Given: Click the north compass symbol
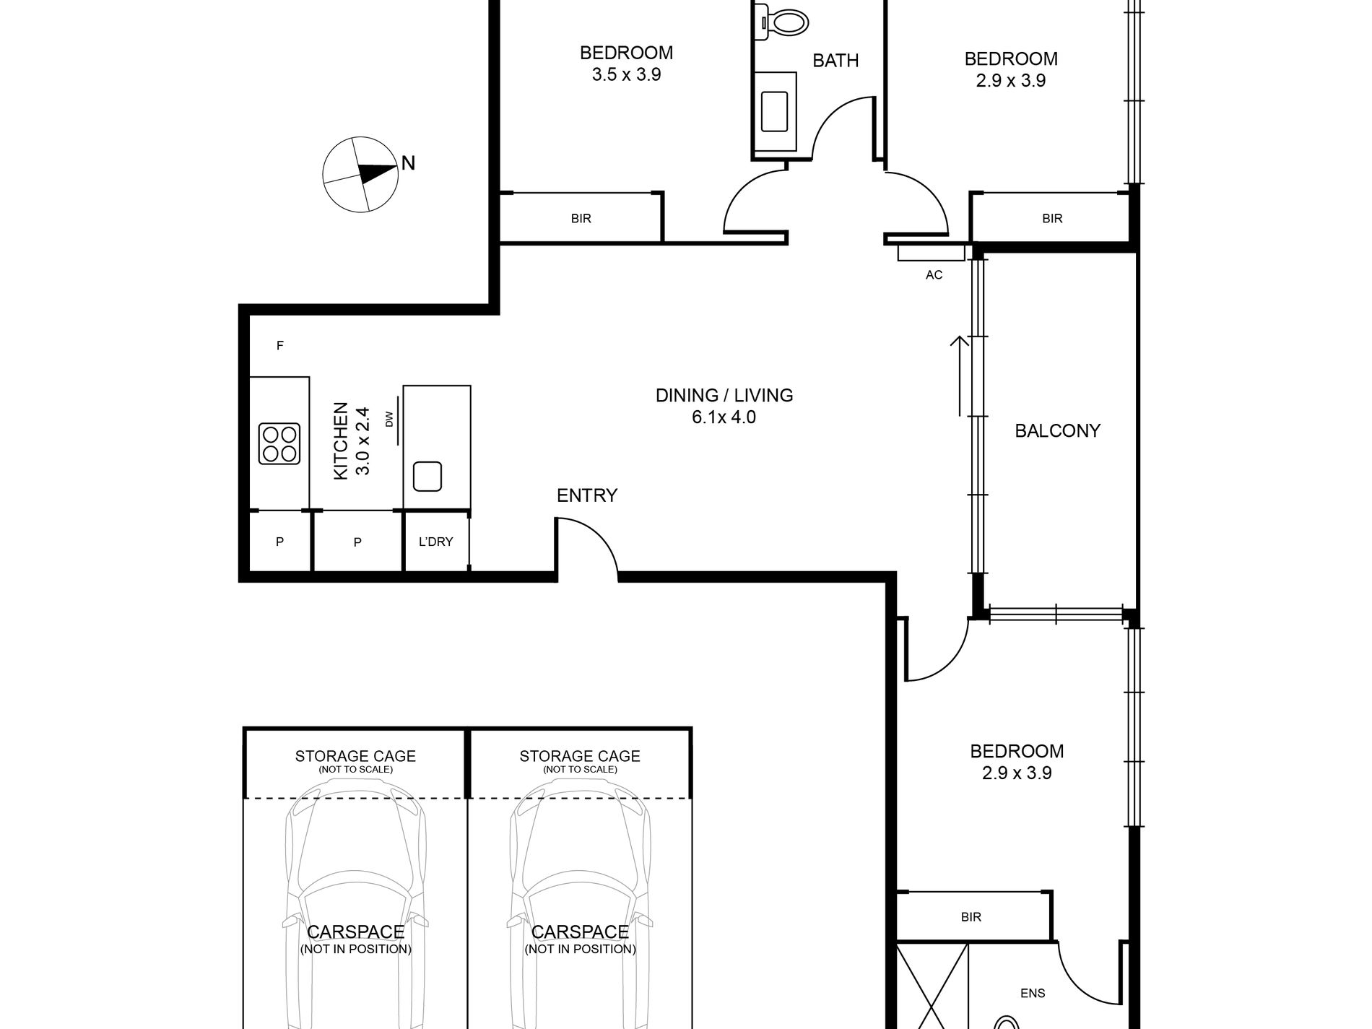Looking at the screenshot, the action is [360, 174].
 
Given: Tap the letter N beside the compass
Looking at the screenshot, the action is [408, 163].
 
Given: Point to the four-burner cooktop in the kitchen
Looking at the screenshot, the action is [279, 443].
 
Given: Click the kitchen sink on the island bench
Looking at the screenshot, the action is [427, 476].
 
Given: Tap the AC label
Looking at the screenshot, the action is [934, 275].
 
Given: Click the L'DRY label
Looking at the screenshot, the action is [435, 542].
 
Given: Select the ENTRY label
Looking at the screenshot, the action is [587, 495].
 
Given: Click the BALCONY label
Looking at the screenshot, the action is [1057, 431].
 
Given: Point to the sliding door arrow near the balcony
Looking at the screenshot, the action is [960, 376].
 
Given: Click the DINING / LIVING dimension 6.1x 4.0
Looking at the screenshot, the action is [724, 417].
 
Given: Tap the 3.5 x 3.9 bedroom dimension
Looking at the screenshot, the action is [626, 74].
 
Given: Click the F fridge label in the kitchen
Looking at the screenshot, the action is [280, 346].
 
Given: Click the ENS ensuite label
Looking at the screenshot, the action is [1033, 993].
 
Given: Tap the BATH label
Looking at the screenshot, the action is [835, 61].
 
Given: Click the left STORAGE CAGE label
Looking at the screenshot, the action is [355, 756].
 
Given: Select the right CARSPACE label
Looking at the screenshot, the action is [580, 932].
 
